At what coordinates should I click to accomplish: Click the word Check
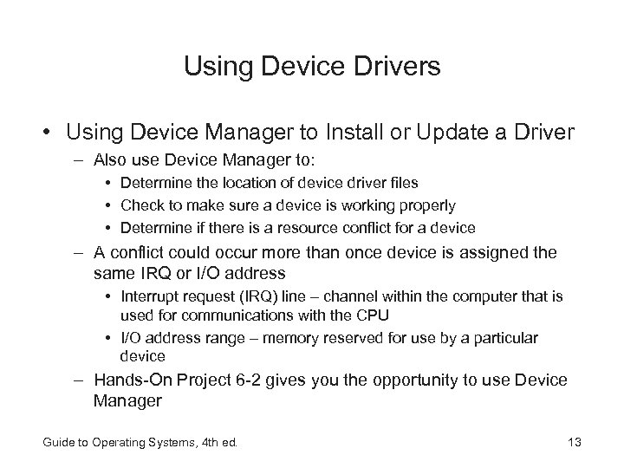click(140, 205)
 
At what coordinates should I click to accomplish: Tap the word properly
click(425, 205)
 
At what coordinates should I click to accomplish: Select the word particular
click(504, 336)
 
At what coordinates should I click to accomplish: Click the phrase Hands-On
click(133, 380)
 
